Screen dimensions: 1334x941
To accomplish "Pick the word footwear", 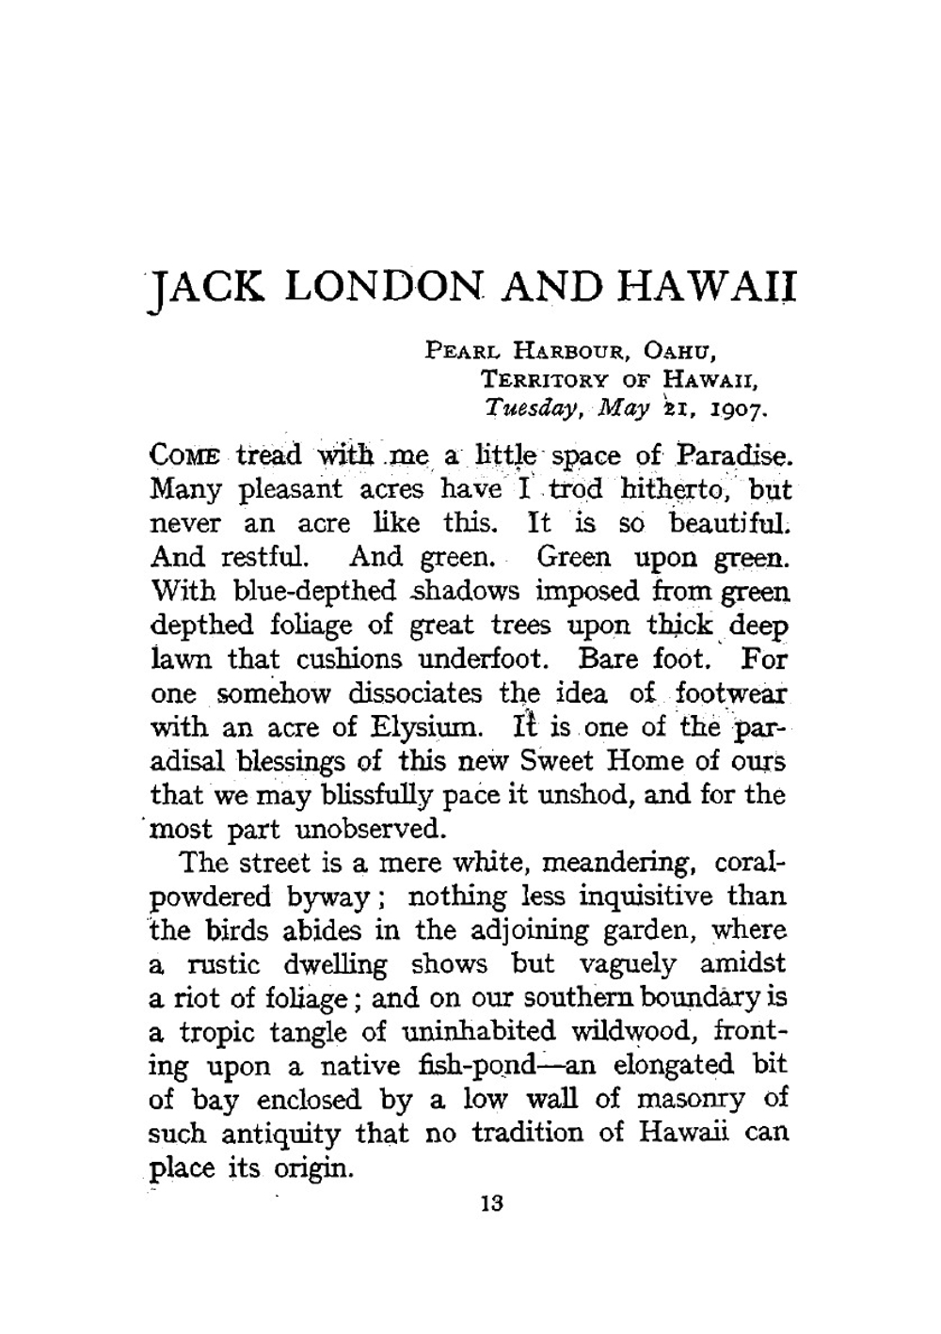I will point(731,694).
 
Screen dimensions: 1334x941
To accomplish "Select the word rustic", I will point(217,965).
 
